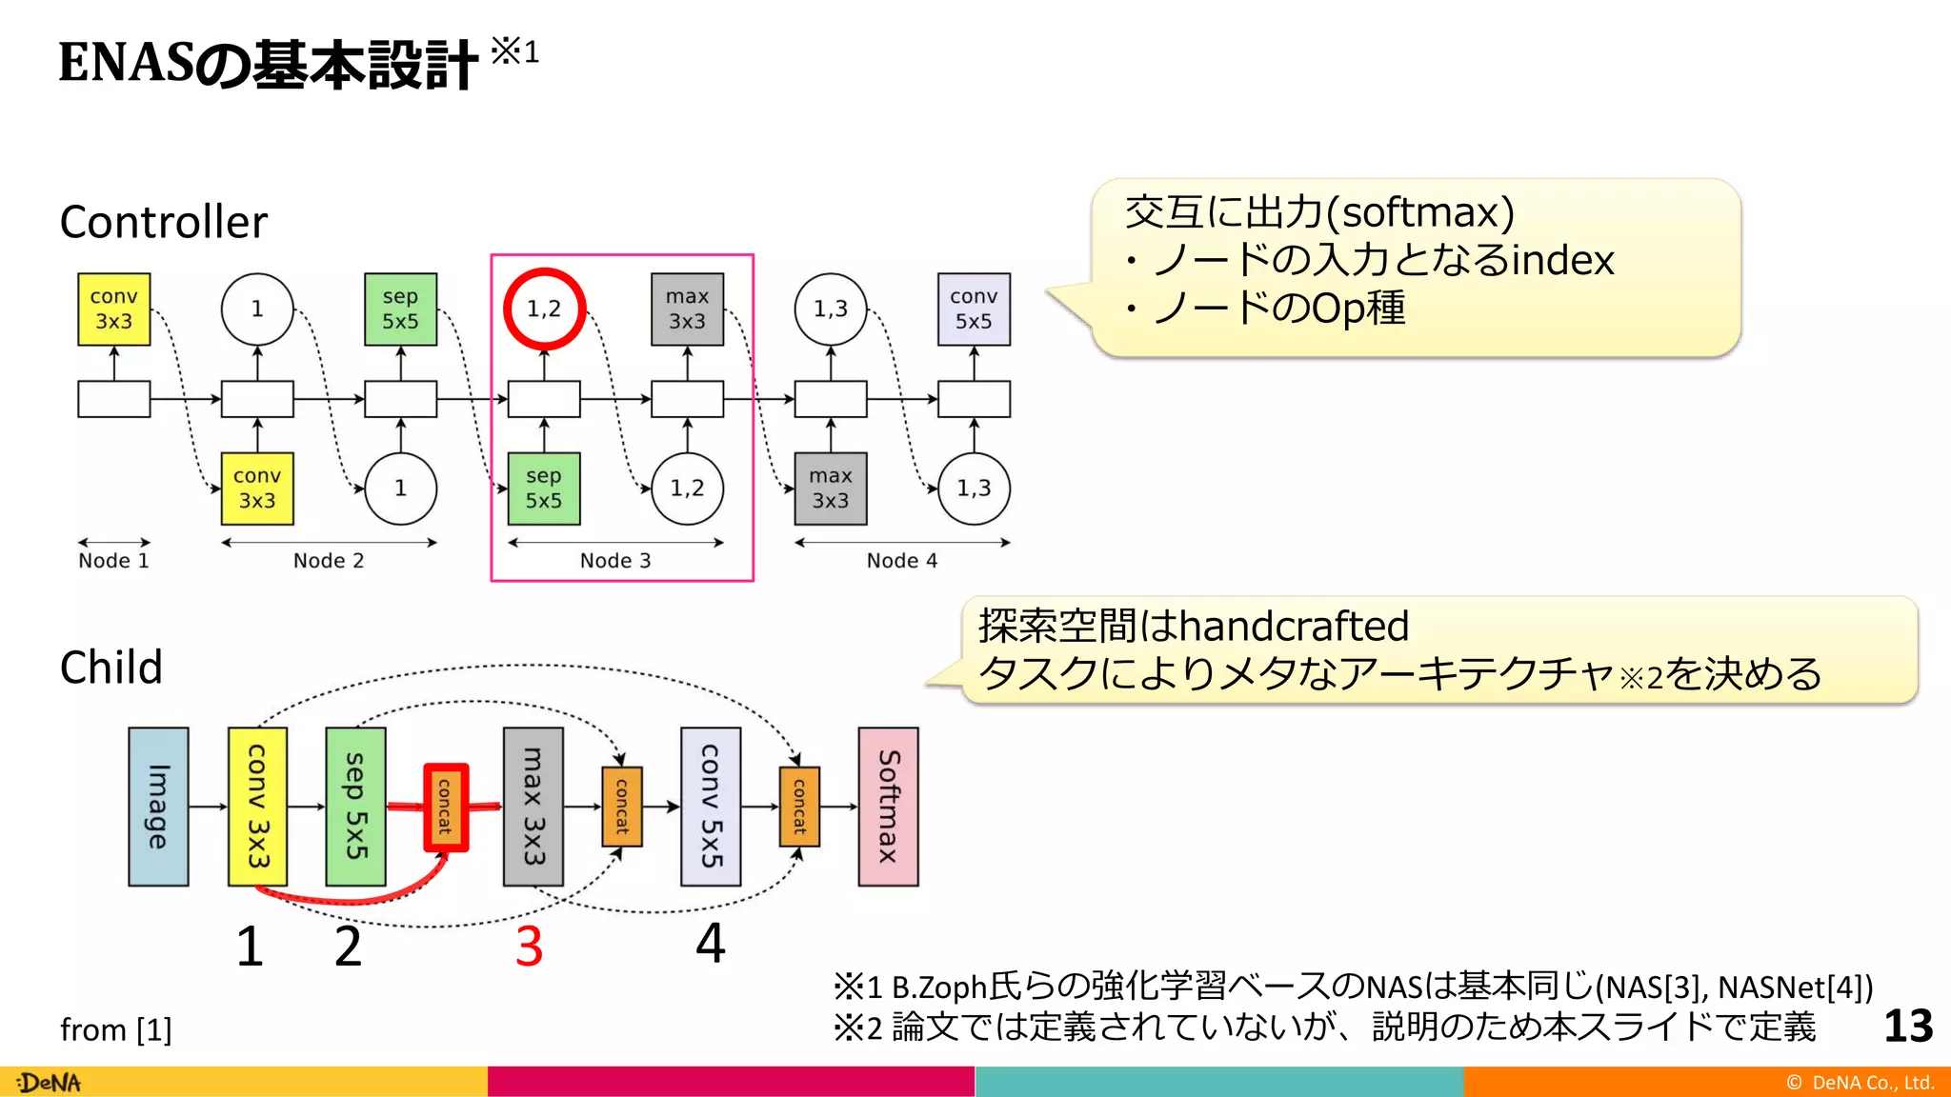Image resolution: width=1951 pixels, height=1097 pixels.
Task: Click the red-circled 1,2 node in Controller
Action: [544, 309]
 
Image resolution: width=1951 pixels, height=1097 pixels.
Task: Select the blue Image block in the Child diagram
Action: [158, 807]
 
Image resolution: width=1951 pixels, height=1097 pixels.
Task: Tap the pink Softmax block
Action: [888, 807]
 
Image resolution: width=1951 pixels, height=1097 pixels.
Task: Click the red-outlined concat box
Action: [445, 807]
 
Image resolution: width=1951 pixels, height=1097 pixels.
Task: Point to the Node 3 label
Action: [615, 561]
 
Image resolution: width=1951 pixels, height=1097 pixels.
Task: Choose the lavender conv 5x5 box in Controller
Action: [974, 309]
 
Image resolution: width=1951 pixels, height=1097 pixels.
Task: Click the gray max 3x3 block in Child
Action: [533, 807]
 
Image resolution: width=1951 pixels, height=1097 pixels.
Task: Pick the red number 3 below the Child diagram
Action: [529, 947]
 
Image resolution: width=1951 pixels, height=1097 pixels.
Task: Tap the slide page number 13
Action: [1908, 1027]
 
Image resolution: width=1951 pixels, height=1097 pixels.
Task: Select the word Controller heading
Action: [164, 223]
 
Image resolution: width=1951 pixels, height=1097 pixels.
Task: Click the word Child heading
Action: [111, 668]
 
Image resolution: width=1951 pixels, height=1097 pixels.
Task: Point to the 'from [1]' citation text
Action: [115, 1030]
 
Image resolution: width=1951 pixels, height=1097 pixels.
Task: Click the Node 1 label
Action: [113, 561]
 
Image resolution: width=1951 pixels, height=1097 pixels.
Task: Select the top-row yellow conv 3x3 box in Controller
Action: [114, 309]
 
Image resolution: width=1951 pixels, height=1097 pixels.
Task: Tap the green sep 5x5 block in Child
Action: [355, 807]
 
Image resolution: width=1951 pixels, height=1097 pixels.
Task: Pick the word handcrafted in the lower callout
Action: [1294, 627]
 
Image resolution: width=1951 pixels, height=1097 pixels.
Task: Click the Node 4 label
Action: [902, 561]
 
